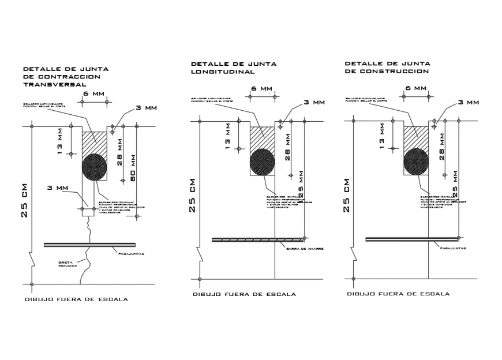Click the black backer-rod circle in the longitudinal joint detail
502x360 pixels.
tap(262, 162)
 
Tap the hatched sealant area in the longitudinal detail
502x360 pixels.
tap(261, 137)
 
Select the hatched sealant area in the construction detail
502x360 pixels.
tap(415, 137)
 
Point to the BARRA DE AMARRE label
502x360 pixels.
tap(304, 249)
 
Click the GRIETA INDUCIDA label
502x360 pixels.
tap(68, 264)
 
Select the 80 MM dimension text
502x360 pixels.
tap(132, 168)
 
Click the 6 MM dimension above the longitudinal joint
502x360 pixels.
tap(261, 89)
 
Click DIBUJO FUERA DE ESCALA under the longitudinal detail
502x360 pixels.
tap(244, 294)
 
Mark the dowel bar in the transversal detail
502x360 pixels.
tap(89, 245)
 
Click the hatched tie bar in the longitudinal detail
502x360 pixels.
tap(257, 239)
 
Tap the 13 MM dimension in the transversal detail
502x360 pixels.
tap(61, 140)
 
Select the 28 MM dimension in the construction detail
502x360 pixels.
tap(442, 145)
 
